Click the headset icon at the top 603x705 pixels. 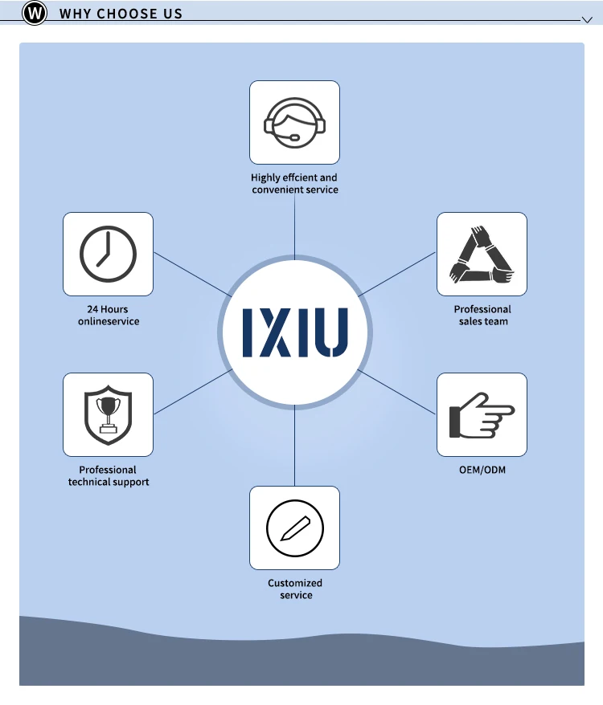[x=294, y=123]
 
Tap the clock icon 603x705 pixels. [x=108, y=254]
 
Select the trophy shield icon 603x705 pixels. [x=108, y=414]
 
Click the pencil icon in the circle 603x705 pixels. [x=294, y=528]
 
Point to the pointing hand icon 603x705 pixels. [x=481, y=414]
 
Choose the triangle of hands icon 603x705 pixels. [x=481, y=254]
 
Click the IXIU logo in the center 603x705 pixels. [x=295, y=332]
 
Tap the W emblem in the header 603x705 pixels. [x=35, y=14]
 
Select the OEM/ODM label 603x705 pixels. [x=482, y=470]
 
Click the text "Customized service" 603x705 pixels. [x=295, y=589]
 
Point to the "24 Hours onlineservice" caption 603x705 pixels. [x=109, y=315]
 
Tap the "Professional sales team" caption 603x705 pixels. [x=482, y=315]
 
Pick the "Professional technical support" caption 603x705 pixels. [x=109, y=475]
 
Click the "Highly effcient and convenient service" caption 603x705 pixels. [x=294, y=183]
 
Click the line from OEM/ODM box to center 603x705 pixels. [x=398, y=392]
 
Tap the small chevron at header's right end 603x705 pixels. [x=586, y=18]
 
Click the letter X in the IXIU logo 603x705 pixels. [x=275, y=332]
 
